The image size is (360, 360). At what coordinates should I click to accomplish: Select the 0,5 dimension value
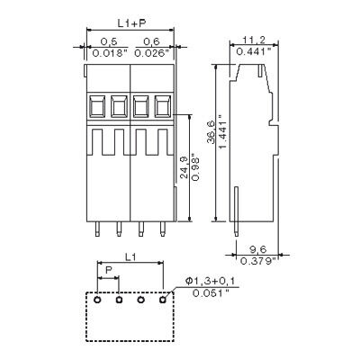109,41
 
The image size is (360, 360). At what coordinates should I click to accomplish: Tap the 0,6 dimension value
151,41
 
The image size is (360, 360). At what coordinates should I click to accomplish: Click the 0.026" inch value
152,52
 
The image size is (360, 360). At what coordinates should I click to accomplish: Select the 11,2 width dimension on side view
253,40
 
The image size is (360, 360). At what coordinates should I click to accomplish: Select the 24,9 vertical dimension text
184,169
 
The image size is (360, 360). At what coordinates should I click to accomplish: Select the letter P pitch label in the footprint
108,269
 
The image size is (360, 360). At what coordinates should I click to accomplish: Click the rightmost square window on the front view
163,106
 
